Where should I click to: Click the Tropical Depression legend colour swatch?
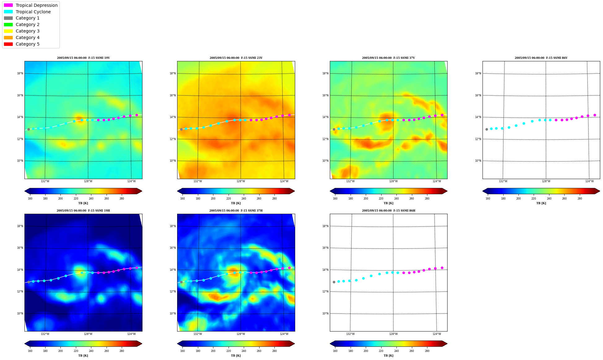[x=8, y=5]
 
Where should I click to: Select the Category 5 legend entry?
[x=22, y=44]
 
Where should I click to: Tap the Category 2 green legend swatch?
[x=8, y=24]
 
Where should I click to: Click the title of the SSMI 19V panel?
[x=83, y=58]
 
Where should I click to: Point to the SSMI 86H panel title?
[x=389, y=211]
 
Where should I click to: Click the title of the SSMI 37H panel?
[x=236, y=211]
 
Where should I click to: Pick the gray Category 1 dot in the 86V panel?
[x=487, y=129]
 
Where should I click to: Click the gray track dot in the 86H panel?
[x=334, y=282]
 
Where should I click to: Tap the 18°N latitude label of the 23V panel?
[x=173, y=73]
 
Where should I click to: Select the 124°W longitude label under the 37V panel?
[x=437, y=181]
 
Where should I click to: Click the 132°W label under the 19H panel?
[x=45, y=334]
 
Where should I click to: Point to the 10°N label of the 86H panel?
[x=326, y=314]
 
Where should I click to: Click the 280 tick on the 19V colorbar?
[x=122, y=199]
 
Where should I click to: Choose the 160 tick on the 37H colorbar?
[x=182, y=351]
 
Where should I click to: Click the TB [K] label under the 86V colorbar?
[x=541, y=203]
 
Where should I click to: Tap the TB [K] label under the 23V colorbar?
[x=236, y=203]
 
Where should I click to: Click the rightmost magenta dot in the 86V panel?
[x=595, y=115]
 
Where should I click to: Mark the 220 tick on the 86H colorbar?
[x=381, y=351]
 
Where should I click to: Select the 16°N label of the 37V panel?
[x=326, y=95]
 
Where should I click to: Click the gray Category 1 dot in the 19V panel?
[x=28, y=129]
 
